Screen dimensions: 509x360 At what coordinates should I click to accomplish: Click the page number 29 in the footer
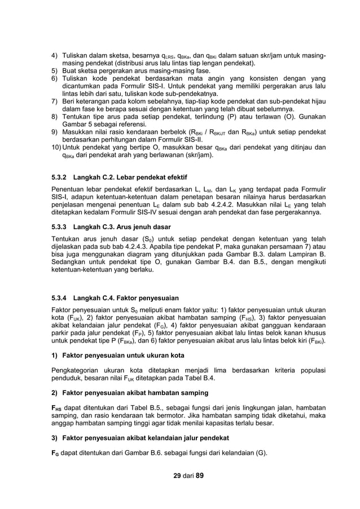[178, 475]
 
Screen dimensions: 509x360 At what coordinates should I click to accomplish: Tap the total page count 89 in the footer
[199, 475]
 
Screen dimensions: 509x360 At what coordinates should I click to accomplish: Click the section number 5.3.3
[59, 226]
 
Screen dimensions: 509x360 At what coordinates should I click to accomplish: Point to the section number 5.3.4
[59, 297]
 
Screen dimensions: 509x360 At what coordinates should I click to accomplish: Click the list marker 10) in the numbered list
[56, 147]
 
